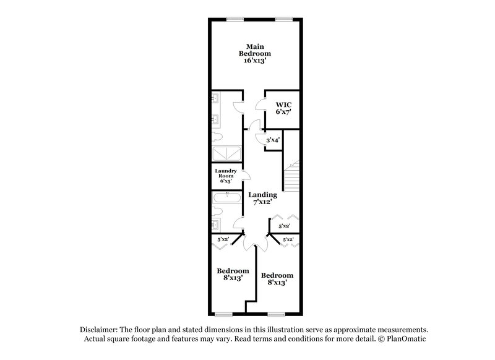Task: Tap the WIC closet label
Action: pos(283,108)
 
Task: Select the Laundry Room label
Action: pos(225,176)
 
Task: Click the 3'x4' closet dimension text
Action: pos(273,140)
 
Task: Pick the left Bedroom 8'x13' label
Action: pos(233,274)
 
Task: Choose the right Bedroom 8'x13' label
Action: pos(277,279)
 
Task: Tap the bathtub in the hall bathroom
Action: pos(226,198)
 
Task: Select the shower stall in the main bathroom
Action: pos(225,154)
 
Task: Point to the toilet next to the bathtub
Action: pos(216,221)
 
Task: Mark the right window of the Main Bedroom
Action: pos(283,17)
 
